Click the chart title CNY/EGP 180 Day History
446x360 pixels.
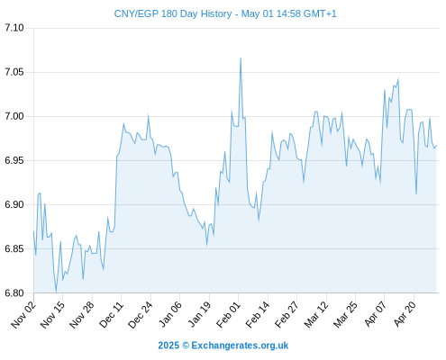pos(173,13)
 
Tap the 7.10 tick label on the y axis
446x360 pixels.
pos(14,28)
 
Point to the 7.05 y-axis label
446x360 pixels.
pos(14,72)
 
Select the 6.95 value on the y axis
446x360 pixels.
pos(14,160)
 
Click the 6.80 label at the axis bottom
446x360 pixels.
pos(14,293)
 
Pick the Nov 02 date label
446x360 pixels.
pos(23,314)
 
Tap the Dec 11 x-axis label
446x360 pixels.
pos(111,314)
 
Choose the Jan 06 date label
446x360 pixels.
pos(170,314)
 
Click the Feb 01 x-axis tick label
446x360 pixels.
pos(228,314)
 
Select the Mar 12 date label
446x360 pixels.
pos(316,314)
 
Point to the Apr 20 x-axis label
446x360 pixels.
pos(405,314)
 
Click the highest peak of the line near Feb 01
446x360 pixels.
pos(241,58)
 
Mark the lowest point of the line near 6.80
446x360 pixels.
pos(56,292)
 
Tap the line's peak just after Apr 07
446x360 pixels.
pos(385,90)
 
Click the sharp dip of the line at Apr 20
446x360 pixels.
pos(416,193)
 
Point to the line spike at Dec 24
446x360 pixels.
pos(148,116)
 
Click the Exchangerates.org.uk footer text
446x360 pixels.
pos(240,346)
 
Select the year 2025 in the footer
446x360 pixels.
pos(168,346)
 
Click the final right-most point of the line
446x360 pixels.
pos(436,146)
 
